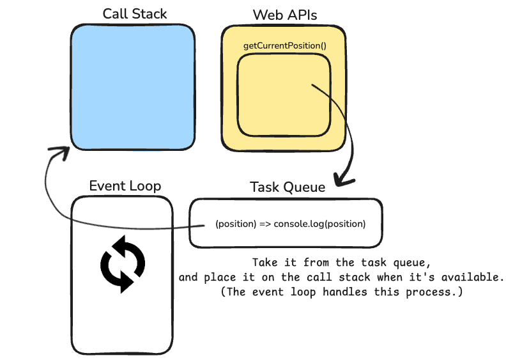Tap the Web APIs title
[284, 14]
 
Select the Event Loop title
[125, 186]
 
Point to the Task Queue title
[287, 187]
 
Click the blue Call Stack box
[132, 88]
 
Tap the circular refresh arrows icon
[123, 263]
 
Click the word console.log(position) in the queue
[319, 224]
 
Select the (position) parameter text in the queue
[236, 224]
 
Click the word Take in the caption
[264, 263]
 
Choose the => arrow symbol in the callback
[264, 224]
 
